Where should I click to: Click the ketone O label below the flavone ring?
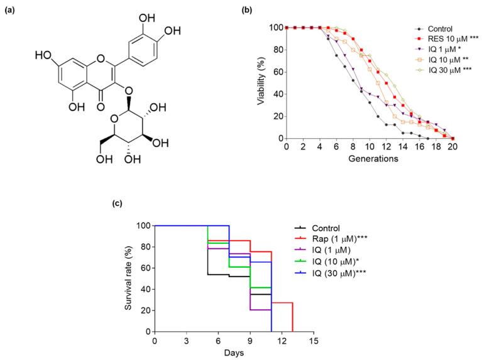101,107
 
